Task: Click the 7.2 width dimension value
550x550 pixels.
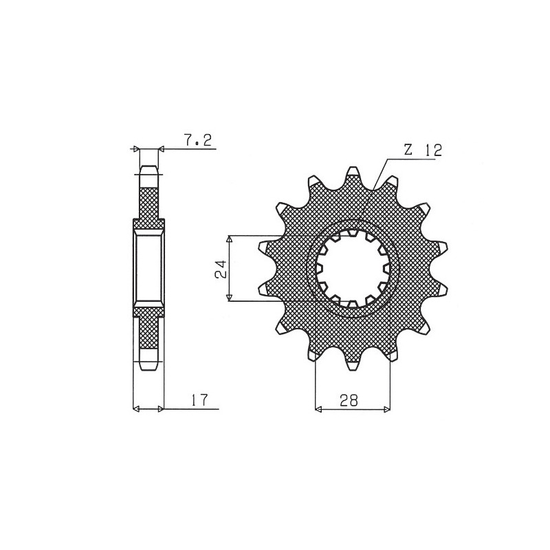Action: tap(198, 140)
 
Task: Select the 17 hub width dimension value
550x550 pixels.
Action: tap(199, 400)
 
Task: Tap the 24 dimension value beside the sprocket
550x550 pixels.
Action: tap(221, 269)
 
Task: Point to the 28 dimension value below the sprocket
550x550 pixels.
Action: tap(349, 400)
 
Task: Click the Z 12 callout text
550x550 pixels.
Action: tap(422, 150)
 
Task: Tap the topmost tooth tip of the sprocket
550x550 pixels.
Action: tap(353, 167)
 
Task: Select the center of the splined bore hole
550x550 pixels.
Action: tap(353, 269)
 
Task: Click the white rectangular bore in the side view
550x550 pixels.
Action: tap(148, 268)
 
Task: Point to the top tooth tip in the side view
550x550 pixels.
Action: tap(148, 166)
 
